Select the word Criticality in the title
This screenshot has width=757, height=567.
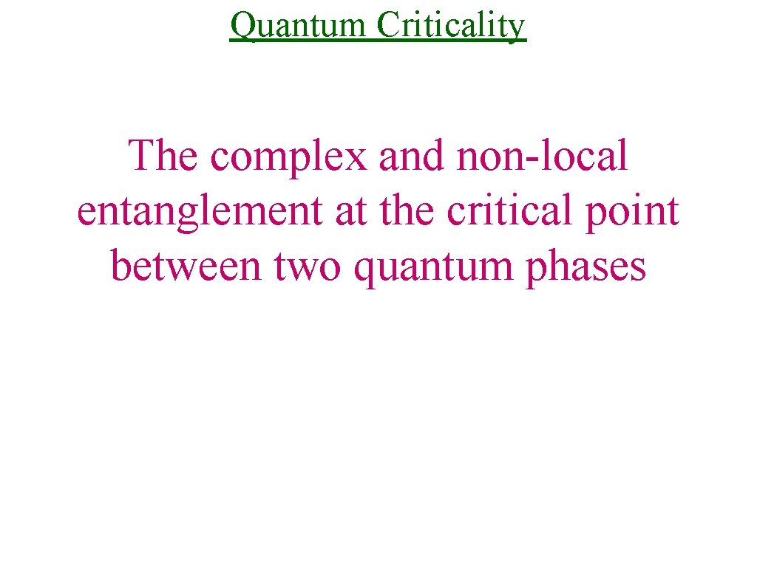[451, 26]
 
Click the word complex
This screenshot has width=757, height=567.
[287, 157]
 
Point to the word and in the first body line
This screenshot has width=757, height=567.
[411, 156]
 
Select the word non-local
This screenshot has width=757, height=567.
[543, 156]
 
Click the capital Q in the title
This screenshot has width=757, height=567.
[242, 27]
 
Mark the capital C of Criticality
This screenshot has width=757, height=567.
[388, 26]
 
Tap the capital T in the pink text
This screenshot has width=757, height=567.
[141, 156]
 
